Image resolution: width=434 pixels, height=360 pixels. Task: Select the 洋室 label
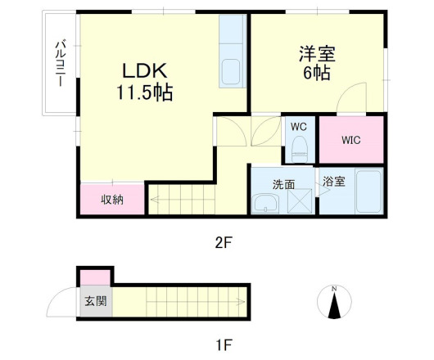click(x=316, y=53)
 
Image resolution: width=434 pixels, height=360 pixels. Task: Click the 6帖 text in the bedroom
click(x=316, y=74)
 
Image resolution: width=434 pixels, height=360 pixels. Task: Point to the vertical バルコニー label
click(x=60, y=65)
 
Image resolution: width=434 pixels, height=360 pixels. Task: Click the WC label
click(x=298, y=127)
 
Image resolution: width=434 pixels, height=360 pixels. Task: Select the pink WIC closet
click(x=351, y=140)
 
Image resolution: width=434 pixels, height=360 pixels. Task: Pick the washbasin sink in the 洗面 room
click(x=265, y=204)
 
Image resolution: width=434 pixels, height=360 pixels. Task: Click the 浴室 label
click(x=333, y=182)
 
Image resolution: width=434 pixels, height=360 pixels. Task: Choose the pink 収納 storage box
click(x=111, y=200)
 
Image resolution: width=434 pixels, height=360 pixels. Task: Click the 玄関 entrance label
click(x=95, y=301)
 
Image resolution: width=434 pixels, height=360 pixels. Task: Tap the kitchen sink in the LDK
click(x=232, y=71)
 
